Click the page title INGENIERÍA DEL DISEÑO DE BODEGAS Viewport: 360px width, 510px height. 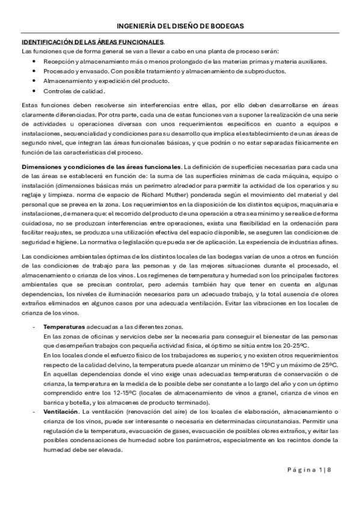click(x=180, y=26)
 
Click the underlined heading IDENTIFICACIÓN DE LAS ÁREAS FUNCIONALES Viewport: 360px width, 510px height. click(x=93, y=43)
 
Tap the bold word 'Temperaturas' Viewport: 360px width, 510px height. click(x=63, y=325)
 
